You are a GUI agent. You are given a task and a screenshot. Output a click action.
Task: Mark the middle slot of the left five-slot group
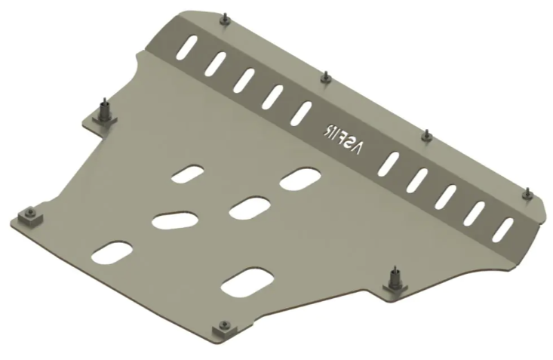pyautogui.click(x=244, y=79)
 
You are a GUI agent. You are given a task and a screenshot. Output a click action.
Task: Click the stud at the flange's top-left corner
pyautogui.click(x=224, y=20)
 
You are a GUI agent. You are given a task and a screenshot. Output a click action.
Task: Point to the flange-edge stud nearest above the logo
pyautogui.click(x=324, y=77)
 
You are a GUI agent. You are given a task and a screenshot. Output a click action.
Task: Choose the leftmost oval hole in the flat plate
pyautogui.click(x=112, y=253)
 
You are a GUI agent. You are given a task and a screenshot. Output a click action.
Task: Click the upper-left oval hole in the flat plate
pyautogui.click(x=188, y=174)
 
